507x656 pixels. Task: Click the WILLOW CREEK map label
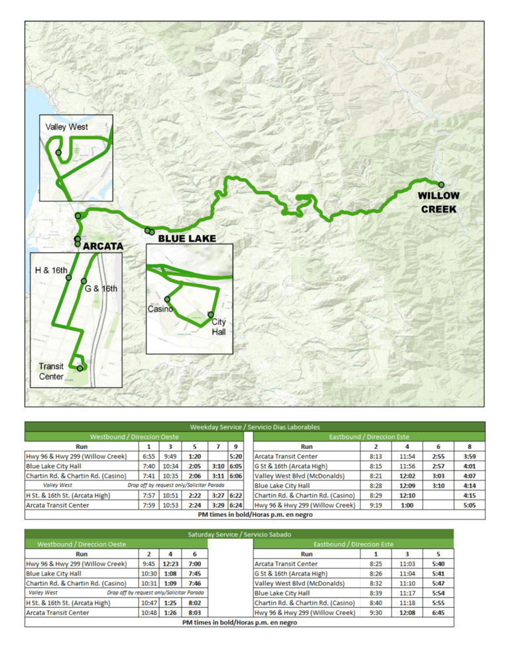tap(438, 203)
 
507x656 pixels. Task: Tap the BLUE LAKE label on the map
tap(187, 238)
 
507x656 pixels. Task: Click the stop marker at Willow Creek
tap(441, 184)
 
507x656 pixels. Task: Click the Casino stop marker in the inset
tap(168, 300)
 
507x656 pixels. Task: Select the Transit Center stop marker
tap(80, 368)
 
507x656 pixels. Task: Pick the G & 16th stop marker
tap(84, 281)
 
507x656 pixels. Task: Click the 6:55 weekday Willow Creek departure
tap(149, 457)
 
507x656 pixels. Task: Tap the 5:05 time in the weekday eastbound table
tap(469, 506)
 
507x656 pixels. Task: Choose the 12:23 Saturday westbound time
tap(171, 564)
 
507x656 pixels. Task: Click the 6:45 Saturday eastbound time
tap(435, 613)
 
